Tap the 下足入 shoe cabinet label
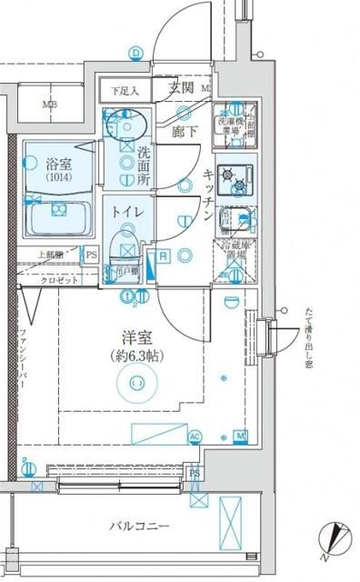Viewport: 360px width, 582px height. click(x=125, y=91)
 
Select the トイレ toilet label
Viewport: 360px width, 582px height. click(x=125, y=213)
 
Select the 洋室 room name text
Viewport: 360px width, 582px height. click(x=136, y=336)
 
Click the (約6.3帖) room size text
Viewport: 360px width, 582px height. click(x=136, y=355)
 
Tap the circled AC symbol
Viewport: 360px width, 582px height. click(x=194, y=436)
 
